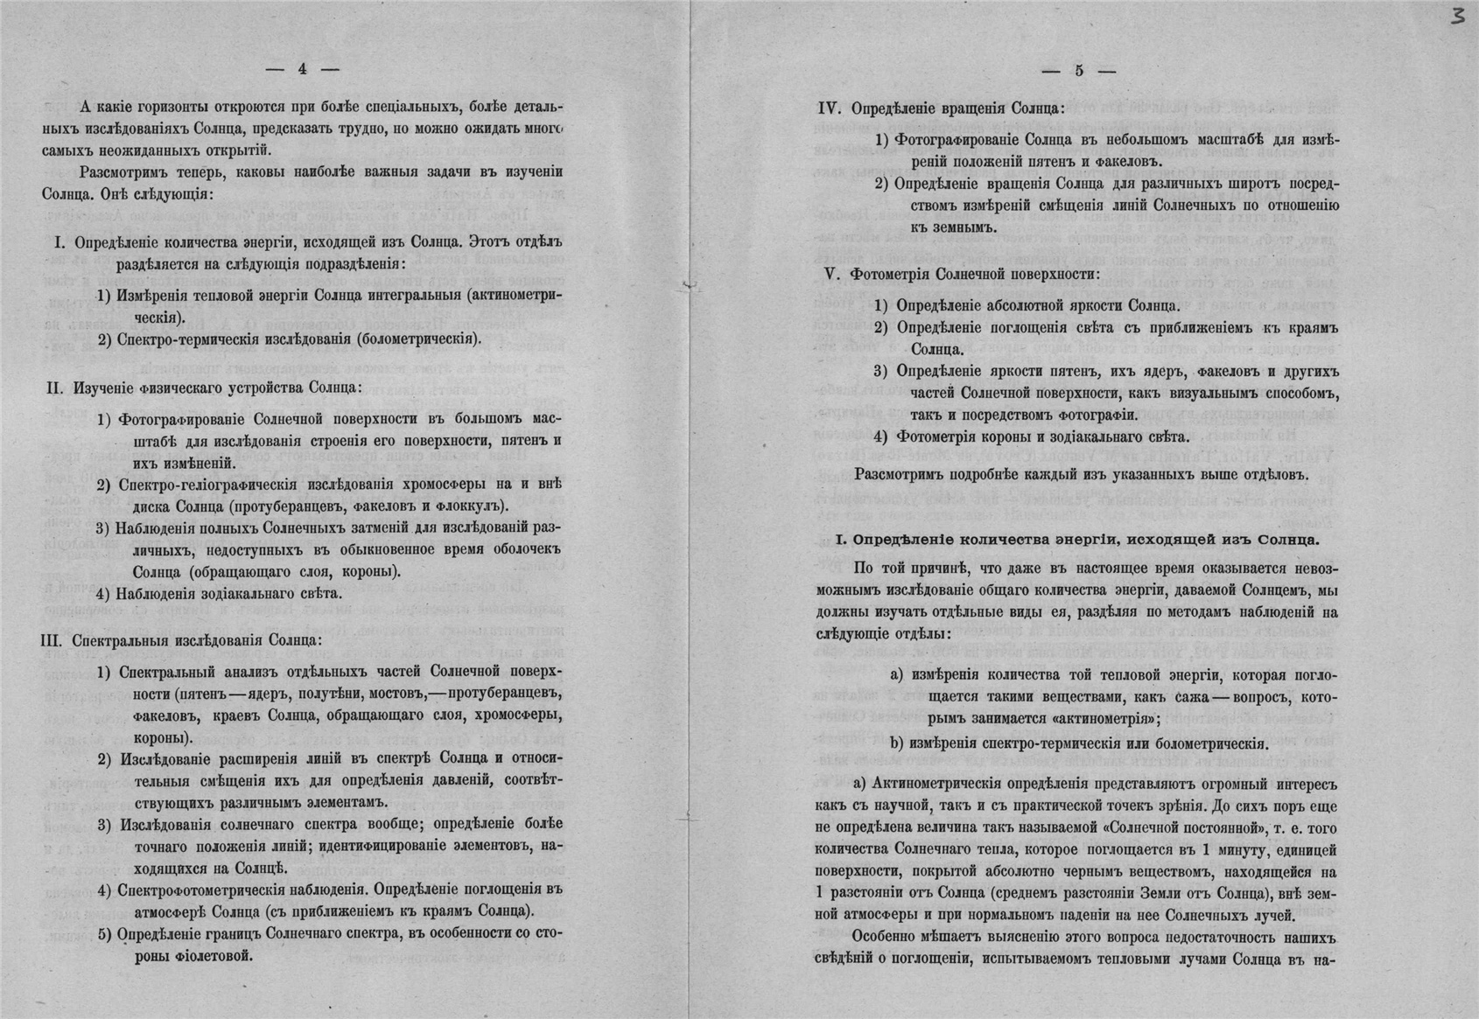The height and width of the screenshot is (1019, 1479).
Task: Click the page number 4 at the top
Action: pos(303,69)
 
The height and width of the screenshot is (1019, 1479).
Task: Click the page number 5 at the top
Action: pos(1079,71)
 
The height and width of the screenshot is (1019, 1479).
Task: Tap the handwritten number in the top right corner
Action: pos(1456,17)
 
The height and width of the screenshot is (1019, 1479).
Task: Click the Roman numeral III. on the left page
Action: pos(52,640)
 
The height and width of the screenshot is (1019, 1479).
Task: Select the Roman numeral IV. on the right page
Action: pos(830,108)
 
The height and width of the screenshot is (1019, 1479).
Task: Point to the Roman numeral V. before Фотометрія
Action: pos(832,274)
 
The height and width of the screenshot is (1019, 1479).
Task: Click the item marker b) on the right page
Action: pos(897,744)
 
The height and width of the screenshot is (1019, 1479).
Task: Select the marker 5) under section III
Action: pos(104,934)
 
